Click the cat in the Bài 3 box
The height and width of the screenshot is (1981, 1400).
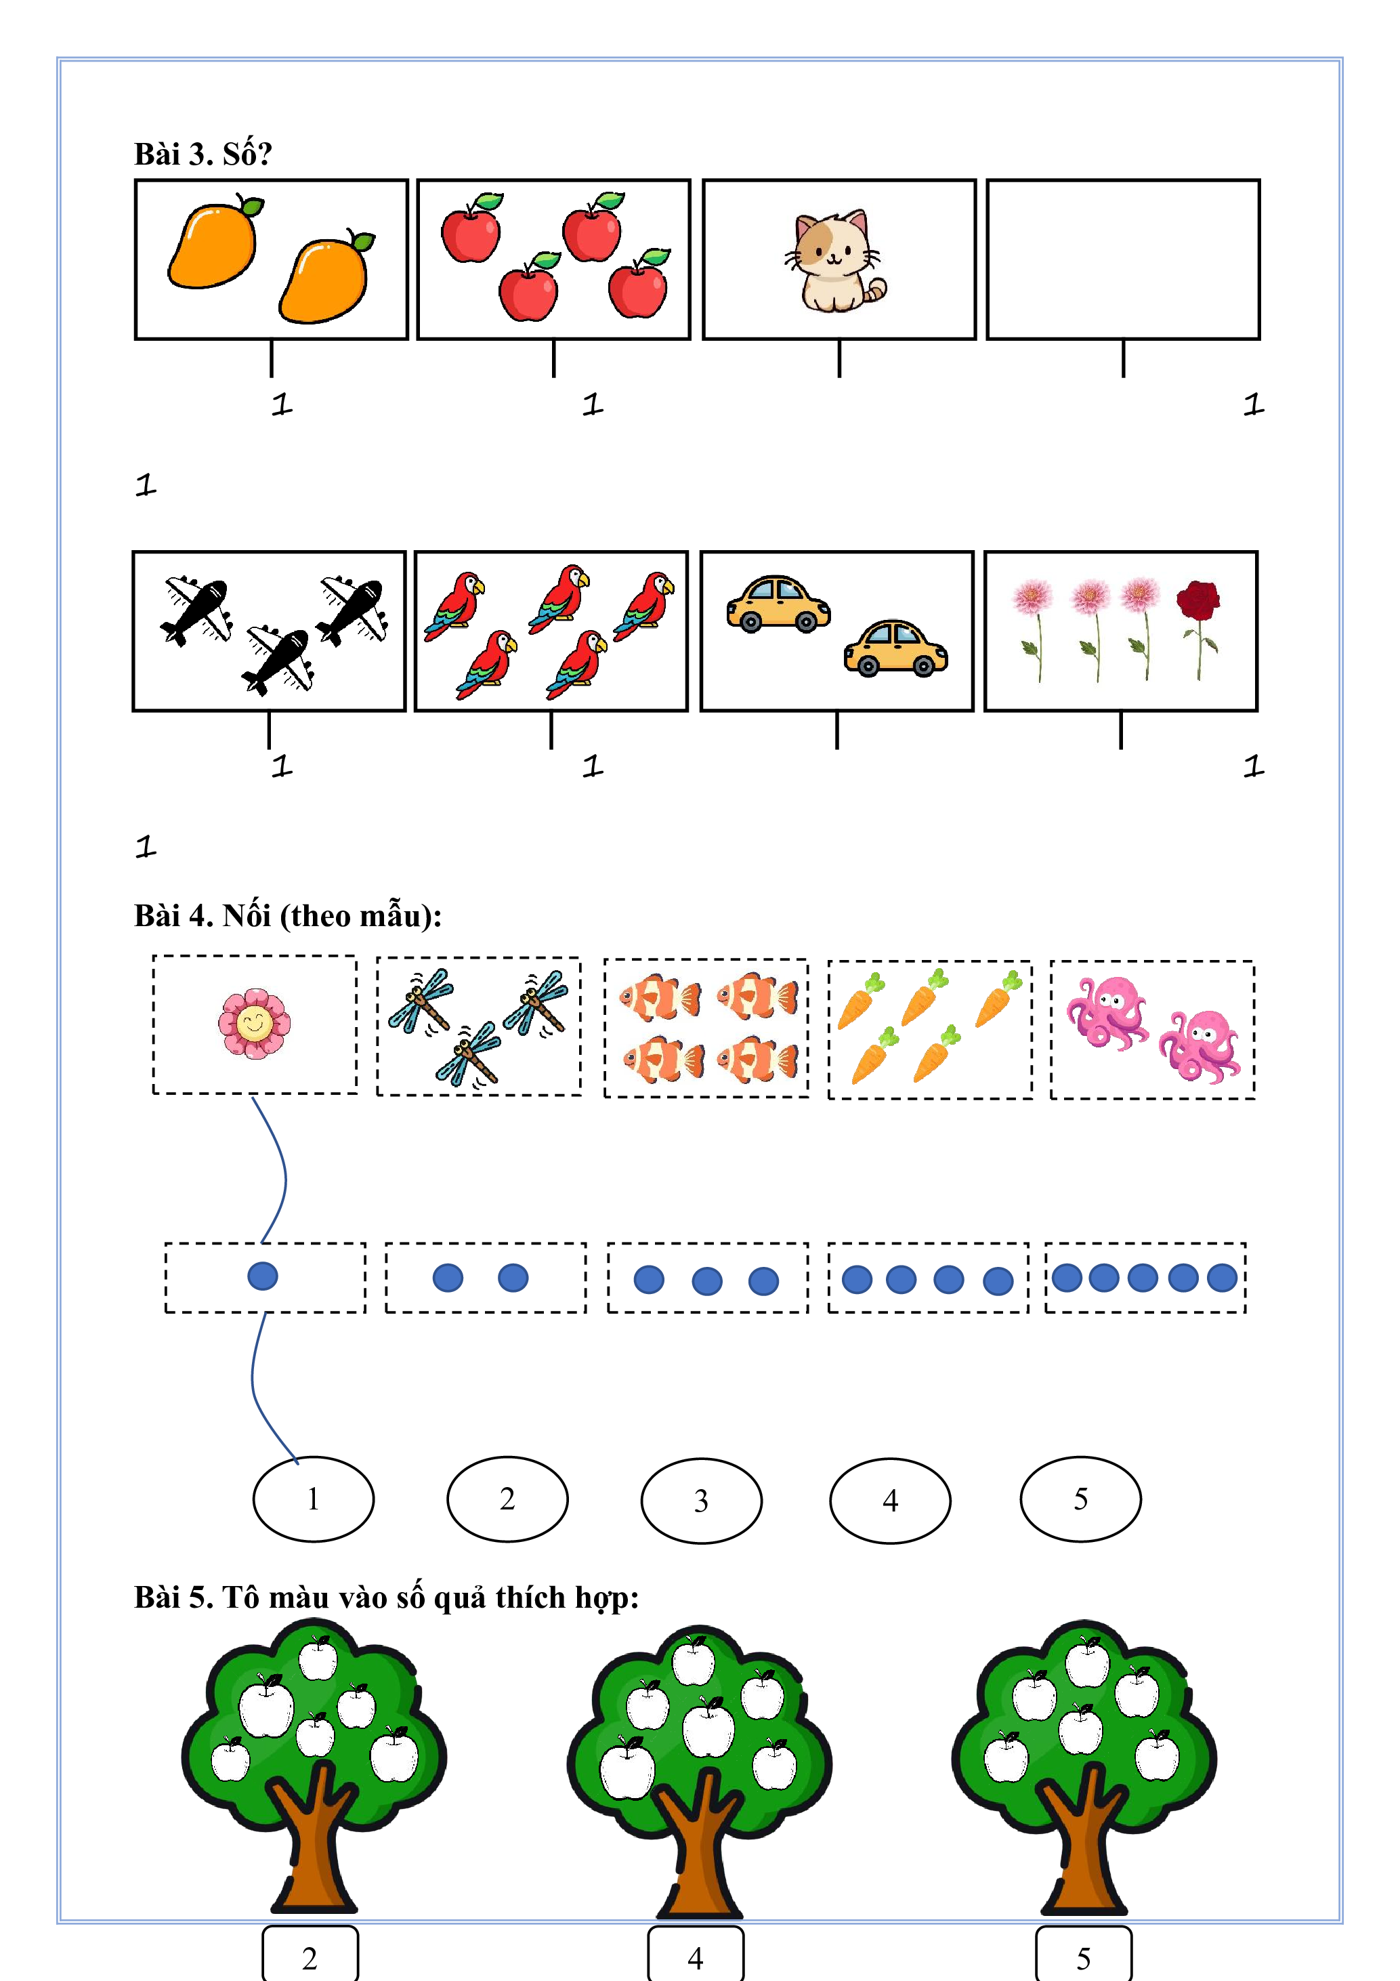point(835,261)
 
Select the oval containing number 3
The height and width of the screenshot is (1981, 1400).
point(701,1501)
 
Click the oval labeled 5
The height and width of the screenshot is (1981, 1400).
point(1081,1499)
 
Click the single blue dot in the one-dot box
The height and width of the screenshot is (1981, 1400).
point(262,1276)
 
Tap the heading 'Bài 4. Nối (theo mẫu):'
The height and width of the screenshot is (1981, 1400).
point(288,915)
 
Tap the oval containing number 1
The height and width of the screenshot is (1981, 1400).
point(313,1499)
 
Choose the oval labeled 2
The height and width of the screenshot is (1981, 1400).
point(507,1499)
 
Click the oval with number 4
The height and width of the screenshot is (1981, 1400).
point(890,1501)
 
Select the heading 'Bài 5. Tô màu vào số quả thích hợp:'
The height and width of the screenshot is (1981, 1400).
point(387,1597)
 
